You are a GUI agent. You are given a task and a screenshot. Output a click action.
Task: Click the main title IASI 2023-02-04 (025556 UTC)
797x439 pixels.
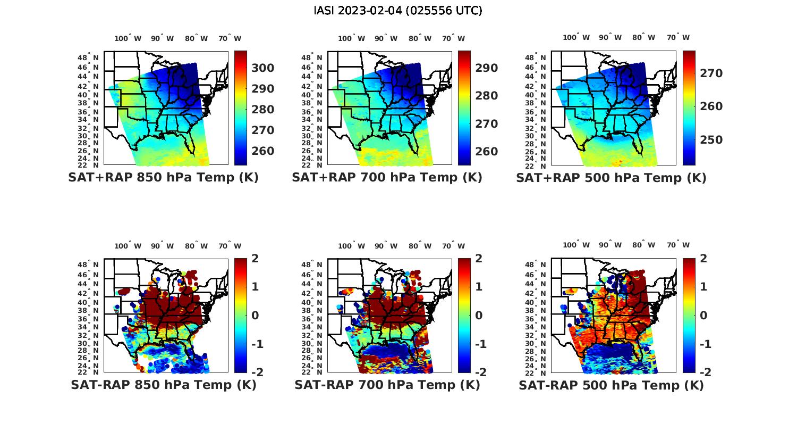398,11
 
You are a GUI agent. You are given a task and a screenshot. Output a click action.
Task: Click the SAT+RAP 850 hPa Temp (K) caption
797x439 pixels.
163,178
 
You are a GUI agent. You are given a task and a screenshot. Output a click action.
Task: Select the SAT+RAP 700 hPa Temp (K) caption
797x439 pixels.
387,178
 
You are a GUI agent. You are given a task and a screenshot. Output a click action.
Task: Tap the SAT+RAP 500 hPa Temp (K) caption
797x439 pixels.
611,178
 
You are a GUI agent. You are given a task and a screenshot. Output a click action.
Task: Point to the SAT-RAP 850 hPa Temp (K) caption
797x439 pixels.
163,385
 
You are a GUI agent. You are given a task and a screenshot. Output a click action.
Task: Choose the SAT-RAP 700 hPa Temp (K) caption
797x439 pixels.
387,385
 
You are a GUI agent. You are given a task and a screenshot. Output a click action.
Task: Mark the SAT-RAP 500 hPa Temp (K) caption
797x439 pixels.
611,385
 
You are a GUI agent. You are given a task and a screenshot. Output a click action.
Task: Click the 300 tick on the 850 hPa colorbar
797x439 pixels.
262,68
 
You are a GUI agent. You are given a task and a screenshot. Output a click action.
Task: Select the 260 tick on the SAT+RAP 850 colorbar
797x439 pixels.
262,151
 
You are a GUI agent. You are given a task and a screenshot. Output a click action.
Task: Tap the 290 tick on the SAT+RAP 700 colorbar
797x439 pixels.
486,68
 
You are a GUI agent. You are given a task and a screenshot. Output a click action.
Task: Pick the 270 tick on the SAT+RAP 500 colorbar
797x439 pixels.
711,73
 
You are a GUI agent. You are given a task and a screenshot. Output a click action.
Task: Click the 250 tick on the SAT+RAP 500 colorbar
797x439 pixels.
711,140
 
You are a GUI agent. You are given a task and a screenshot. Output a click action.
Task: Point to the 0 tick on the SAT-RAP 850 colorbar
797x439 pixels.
255,316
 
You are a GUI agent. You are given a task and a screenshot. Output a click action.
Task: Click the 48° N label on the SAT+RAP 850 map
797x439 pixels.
88,57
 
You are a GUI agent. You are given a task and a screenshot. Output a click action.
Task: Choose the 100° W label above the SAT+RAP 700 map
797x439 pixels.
351,38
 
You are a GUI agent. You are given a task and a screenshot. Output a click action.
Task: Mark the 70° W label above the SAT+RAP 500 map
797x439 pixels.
678,37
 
